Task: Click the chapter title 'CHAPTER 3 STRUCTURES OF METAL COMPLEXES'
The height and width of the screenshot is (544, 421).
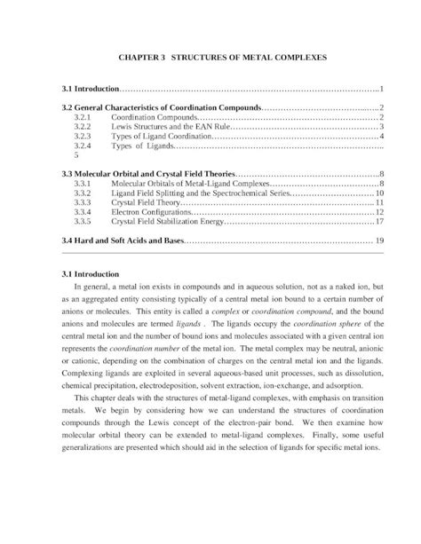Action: [210, 56]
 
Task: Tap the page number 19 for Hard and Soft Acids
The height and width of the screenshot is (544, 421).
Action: [379, 240]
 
